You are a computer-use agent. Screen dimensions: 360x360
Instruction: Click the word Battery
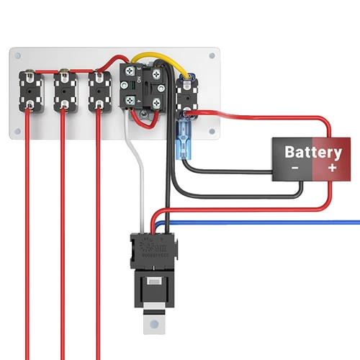point(313,152)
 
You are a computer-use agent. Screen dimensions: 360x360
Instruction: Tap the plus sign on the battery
point(332,167)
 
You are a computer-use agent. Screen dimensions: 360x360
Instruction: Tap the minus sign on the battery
point(295,167)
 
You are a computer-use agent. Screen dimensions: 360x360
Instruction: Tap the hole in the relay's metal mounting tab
point(152,324)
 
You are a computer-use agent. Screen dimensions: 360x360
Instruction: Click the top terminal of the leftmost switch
point(29,73)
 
